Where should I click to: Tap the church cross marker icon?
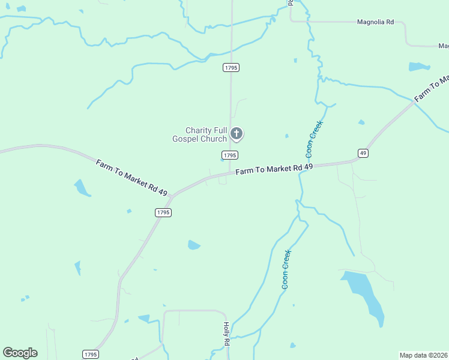click(237, 133)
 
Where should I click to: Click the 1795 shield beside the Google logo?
click(90, 355)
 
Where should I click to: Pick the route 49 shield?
click(363, 154)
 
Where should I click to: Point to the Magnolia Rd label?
click(375, 22)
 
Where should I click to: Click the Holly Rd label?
click(226, 333)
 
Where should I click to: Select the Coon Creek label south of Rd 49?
click(286, 269)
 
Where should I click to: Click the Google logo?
click(20, 353)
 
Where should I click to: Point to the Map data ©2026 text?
click(424, 355)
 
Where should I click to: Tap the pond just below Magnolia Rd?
click(419, 67)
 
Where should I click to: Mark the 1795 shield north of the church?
click(231, 68)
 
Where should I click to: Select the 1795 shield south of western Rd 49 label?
click(163, 212)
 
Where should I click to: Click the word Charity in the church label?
click(199, 130)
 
